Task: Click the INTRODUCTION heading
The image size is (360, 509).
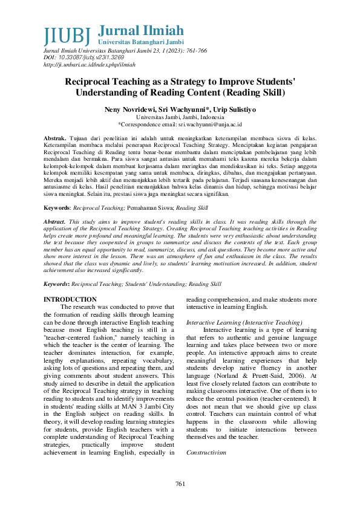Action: (70, 300)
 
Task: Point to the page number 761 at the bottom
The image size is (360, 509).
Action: (180, 484)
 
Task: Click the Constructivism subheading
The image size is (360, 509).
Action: (206, 435)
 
